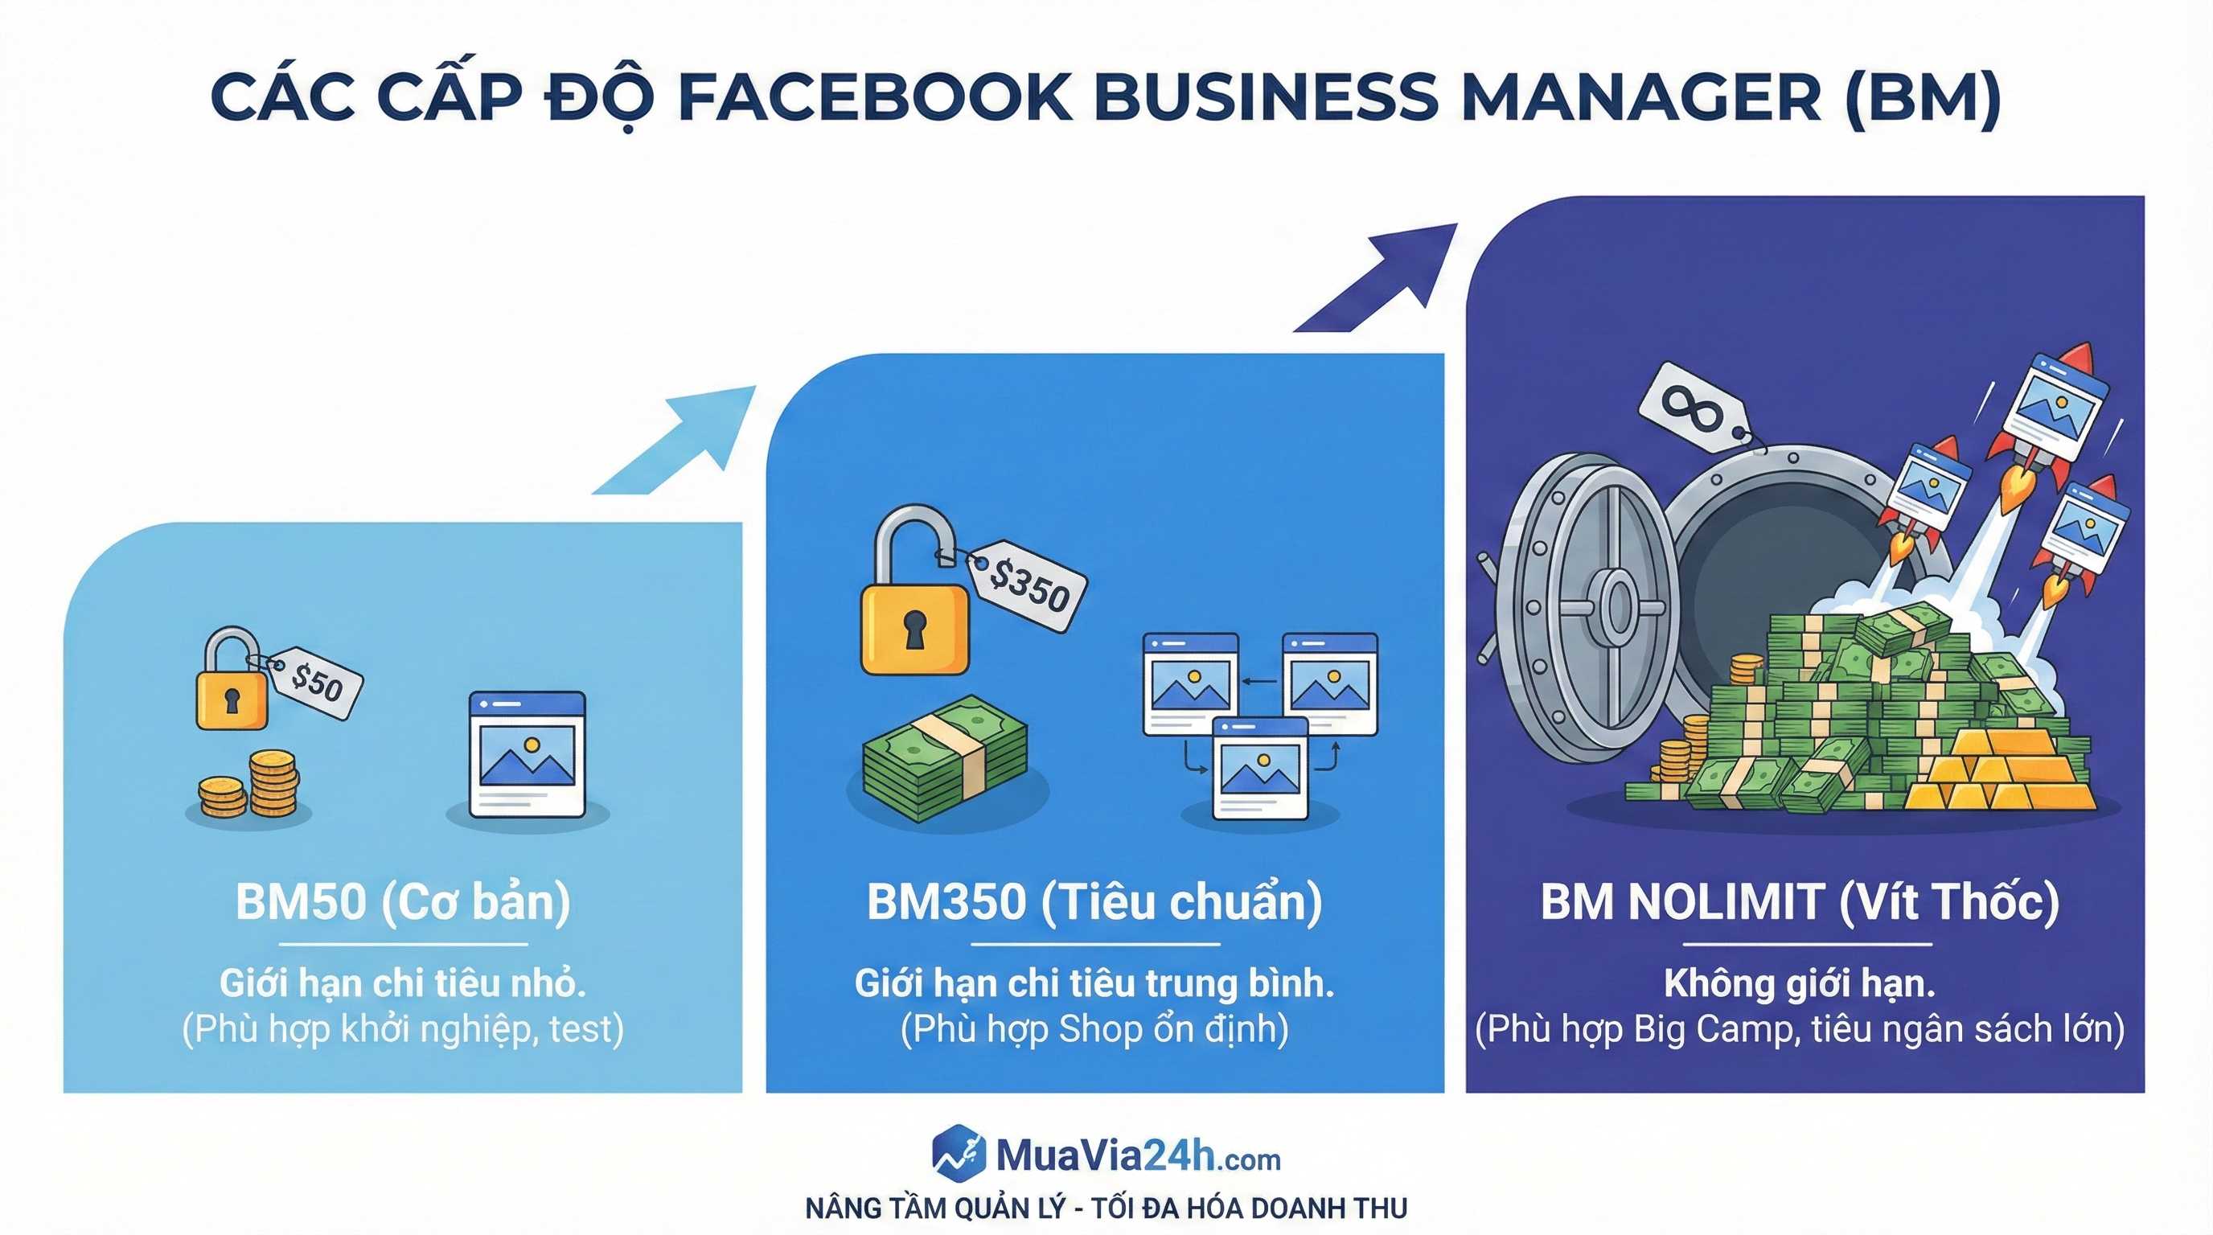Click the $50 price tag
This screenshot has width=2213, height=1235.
[x=314, y=683]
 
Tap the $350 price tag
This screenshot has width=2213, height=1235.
[x=1028, y=585]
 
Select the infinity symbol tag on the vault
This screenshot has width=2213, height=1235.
[x=1694, y=407]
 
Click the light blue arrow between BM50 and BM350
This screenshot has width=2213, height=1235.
[x=675, y=440]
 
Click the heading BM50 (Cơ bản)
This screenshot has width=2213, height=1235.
[x=403, y=902]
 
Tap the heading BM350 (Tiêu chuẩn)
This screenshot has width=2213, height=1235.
[x=1094, y=902]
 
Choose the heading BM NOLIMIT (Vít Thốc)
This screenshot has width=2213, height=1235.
[x=1800, y=902]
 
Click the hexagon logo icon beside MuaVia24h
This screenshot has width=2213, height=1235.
[x=959, y=1151]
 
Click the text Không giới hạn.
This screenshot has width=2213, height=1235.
[x=1800, y=983]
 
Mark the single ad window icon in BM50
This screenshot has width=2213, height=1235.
[x=528, y=754]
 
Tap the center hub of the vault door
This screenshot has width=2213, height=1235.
[x=1617, y=605]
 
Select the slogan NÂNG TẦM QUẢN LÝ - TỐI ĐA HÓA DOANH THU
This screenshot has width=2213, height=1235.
[x=1106, y=1208]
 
